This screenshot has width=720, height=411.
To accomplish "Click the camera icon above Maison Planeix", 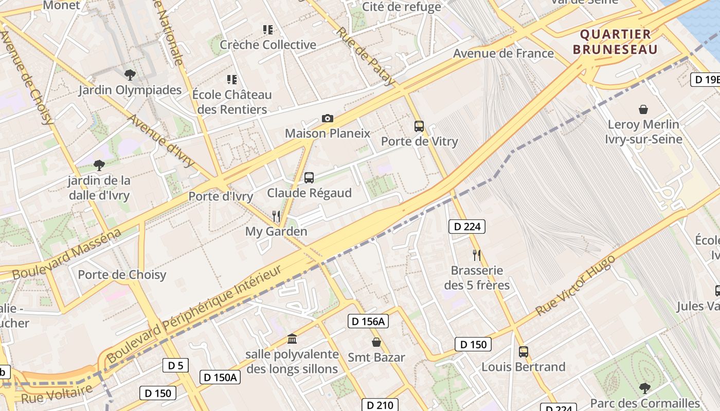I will pos(327,119).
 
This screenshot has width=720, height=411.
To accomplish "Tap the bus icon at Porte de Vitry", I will pos(419,126).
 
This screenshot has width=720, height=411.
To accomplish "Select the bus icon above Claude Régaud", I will pos(309,178).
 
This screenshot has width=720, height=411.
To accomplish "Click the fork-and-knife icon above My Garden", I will pos(276,216).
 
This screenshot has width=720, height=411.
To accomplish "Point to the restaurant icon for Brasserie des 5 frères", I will pos(477,255).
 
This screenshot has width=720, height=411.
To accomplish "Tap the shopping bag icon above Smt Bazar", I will pos(376,342).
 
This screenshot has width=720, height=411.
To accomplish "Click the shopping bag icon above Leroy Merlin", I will pos(643,109).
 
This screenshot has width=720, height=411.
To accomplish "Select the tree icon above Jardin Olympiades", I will pos(130,75).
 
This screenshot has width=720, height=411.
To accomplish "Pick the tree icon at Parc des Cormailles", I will pos(644,388).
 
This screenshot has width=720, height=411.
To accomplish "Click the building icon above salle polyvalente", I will pos(292,339).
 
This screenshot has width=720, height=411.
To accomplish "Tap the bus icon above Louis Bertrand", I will pos(523,352).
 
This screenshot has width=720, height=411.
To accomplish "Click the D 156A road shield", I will pos(368,322).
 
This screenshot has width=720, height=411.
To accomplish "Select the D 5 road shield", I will pos(175,365).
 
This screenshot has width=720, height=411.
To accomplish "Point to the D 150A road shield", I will pos(220,377).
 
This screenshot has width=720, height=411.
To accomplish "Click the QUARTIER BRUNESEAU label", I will pos(615,42).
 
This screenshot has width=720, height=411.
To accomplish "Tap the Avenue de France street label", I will pos(503,53).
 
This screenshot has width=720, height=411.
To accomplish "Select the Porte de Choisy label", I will pos(122,274).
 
